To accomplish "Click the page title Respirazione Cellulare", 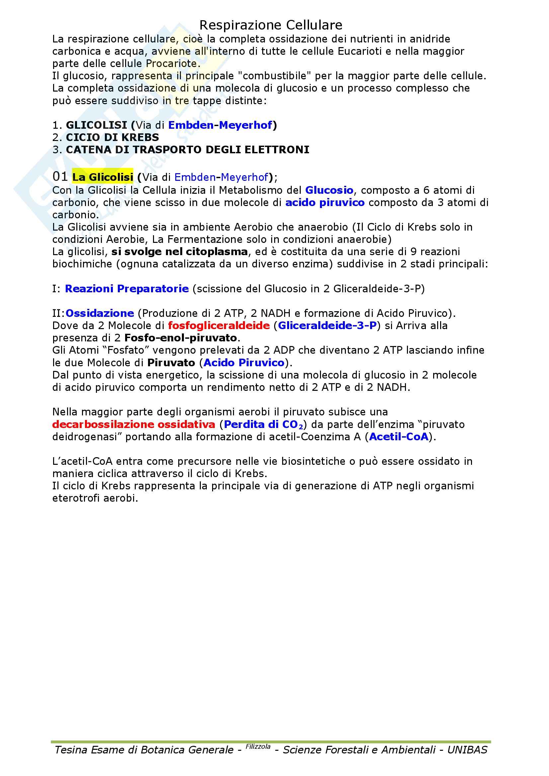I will pyautogui.click(x=271, y=25).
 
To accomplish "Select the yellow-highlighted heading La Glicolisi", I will pyautogui.click(x=103, y=177).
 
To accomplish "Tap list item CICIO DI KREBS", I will pyautogui.click(x=112, y=138).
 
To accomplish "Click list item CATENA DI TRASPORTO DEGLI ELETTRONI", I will pyautogui.click(x=187, y=150).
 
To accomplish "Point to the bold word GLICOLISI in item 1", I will pyautogui.click(x=96, y=125).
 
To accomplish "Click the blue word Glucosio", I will pyautogui.click(x=329, y=190).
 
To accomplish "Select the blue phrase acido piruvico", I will pyautogui.click(x=325, y=203).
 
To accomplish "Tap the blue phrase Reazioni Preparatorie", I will pyautogui.click(x=127, y=289).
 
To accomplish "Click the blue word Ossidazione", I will pyautogui.click(x=100, y=313).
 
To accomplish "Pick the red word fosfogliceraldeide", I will pyautogui.click(x=219, y=325).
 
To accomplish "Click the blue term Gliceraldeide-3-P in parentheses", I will pyautogui.click(x=327, y=325).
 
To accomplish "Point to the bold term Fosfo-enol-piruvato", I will pyautogui.click(x=181, y=338).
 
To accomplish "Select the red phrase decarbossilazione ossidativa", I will pyautogui.click(x=133, y=425).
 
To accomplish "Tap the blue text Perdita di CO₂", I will pyautogui.click(x=263, y=425).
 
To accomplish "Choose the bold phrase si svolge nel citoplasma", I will pyautogui.click(x=180, y=252).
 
